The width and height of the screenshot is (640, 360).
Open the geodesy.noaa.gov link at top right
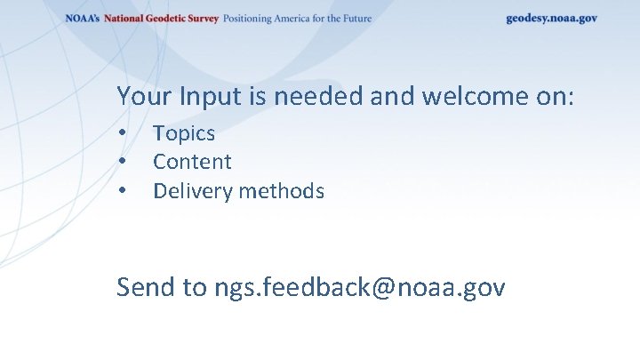tap(551, 19)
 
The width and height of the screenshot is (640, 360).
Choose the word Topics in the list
tap(184, 133)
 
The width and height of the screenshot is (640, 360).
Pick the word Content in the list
tap(192, 162)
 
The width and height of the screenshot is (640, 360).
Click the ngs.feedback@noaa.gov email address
tap(359, 287)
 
